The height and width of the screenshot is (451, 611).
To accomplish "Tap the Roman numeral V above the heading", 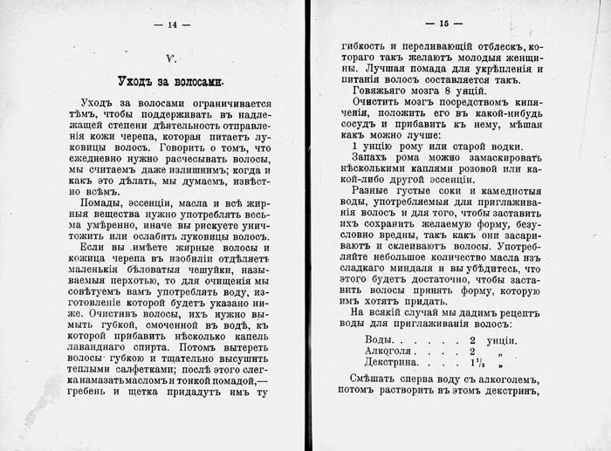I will point(172,58).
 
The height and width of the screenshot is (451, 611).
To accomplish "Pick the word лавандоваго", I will point(101,358).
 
